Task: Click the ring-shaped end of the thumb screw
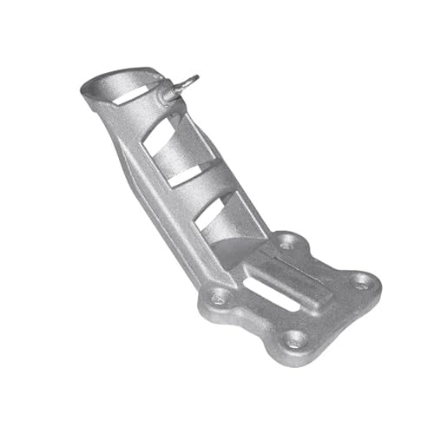tap(190, 82)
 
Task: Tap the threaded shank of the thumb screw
tap(176, 89)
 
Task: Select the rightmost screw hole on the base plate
tap(363, 281)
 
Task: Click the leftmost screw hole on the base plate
tap(219, 298)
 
